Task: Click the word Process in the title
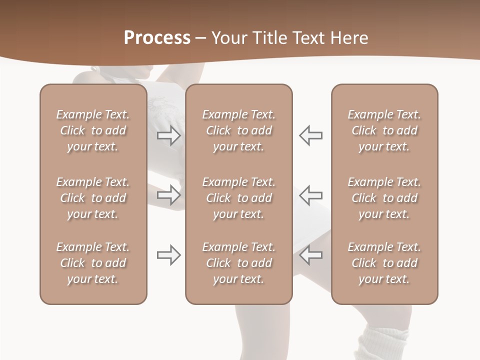[x=157, y=38]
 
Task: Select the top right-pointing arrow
[x=168, y=135]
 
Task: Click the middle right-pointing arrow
[x=168, y=194]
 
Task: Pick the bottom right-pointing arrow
[x=168, y=255]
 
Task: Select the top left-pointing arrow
[x=310, y=135]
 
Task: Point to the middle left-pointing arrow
[x=310, y=194]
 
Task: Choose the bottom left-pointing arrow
[x=310, y=255]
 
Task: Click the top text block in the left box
[x=93, y=130]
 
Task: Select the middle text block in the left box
[x=93, y=198]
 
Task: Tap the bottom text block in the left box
[x=93, y=263]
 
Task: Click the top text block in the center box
[x=238, y=130]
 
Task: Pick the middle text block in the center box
[x=238, y=198]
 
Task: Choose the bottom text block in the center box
[x=238, y=263]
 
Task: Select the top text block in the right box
[x=384, y=130]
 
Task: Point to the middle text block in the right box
[x=384, y=198]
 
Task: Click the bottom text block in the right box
[x=384, y=263]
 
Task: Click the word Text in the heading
[x=312, y=38]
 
